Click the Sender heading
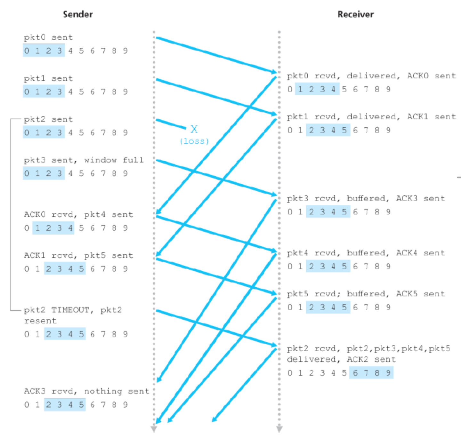[78, 14]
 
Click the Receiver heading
[356, 14]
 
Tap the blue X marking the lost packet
[194, 129]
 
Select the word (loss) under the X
[194, 141]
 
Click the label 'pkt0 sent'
[48, 37]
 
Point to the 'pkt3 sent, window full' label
[84, 160]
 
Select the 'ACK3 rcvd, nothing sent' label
[86, 391]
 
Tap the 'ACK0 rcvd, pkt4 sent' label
[78, 215]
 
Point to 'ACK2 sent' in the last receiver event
[371, 360]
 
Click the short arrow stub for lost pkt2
[171, 124]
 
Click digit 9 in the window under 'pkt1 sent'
[125, 92]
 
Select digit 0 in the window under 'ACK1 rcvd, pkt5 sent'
[27, 269]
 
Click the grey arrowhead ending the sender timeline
[154, 429]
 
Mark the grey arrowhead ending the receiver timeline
[279, 429]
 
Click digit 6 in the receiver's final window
[355, 373]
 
